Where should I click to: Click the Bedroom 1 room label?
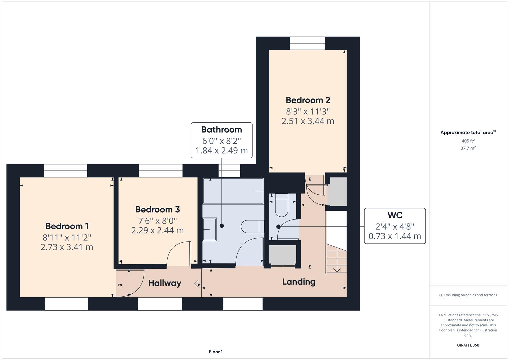(67, 226)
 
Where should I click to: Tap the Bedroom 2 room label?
(308, 100)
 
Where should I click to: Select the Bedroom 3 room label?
(157, 209)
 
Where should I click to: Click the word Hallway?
(165, 283)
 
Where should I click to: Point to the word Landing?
(299, 282)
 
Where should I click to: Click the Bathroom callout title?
(221, 130)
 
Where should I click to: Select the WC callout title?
(395, 215)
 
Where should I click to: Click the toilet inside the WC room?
(282, 205)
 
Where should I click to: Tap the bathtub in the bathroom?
(233, 191)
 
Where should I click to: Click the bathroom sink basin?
(210, 229)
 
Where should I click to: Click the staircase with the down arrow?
(337, 258)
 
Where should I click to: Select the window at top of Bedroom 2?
(307, 43)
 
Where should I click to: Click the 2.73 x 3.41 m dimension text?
(67, 247)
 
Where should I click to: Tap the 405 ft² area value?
(468, 141)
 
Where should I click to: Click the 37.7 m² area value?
(468, 148)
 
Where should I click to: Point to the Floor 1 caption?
(216, 352)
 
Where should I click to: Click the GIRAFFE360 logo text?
(468, 345)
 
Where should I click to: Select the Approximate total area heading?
(467, 132)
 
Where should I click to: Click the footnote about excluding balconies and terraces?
(468, 295)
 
